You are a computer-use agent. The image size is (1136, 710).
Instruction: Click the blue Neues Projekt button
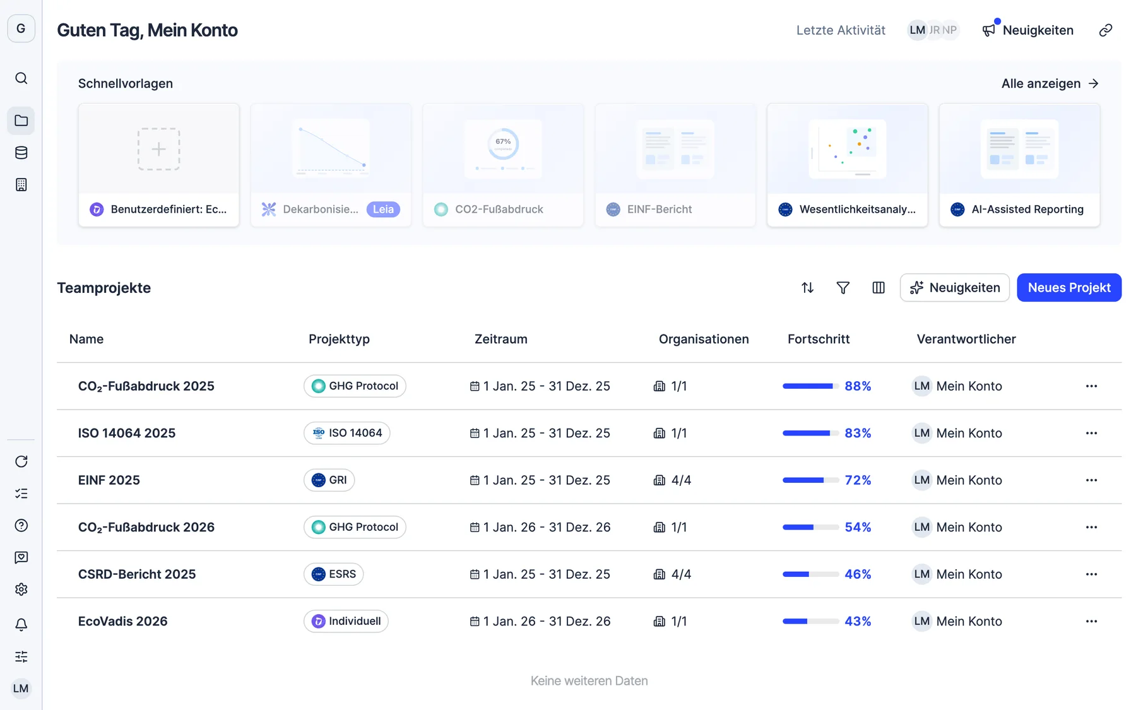1069,288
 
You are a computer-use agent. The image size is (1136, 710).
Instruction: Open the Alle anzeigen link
1050,83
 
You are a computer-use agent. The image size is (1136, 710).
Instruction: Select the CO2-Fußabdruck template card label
499,210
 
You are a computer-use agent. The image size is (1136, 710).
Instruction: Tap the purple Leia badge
383,210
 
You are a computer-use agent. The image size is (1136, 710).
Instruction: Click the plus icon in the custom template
159,149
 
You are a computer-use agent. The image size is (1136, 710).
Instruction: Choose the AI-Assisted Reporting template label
1027,210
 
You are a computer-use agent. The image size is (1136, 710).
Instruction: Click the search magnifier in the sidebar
21,78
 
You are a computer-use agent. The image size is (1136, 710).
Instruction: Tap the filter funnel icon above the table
843,288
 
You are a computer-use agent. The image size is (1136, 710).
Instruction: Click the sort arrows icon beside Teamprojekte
808,288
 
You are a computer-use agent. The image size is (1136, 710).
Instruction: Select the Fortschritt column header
819,339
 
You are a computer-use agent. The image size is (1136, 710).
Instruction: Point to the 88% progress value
858,386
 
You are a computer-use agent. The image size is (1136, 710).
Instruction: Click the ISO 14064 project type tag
347,433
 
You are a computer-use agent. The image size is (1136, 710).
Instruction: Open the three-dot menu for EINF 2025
1092,480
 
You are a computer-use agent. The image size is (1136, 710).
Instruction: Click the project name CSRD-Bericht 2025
137,574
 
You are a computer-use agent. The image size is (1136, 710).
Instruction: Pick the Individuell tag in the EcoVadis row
346,621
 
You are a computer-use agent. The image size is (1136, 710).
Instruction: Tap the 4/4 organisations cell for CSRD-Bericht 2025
673,574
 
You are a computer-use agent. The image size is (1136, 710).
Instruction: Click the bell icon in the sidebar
21,625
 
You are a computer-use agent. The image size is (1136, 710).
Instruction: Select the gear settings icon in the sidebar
21,589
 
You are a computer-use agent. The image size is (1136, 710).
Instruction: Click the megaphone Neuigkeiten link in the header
1028,30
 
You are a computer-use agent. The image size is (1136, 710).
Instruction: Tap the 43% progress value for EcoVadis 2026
858,621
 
